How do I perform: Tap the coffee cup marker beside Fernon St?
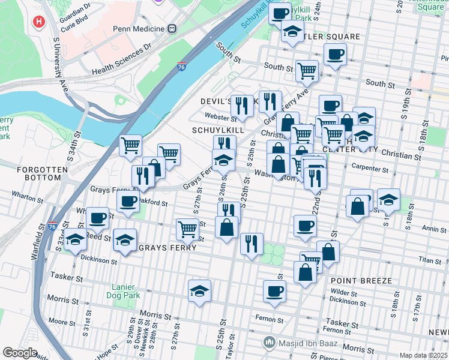[274, 291]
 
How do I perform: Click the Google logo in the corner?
[20, 353]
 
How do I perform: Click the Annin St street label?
[434, 229]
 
